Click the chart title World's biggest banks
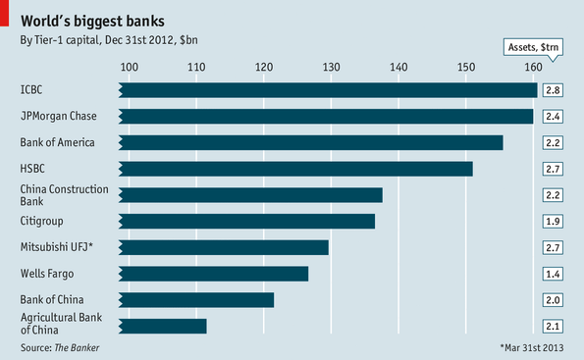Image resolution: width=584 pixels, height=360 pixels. click(92, 20)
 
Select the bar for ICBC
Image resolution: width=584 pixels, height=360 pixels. click(328, 90)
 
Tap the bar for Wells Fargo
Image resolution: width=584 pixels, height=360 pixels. click(215, 274)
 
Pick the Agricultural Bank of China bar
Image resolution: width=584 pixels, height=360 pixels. click(164, 326)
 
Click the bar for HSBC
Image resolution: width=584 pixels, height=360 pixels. click(295, 169)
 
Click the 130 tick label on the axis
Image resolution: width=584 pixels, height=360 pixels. click(331, 67)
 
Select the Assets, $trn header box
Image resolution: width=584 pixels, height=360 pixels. click(533, 47)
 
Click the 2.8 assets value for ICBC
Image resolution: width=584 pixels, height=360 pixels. click(553, 90)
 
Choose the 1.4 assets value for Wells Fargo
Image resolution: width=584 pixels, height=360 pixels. click(553, 274)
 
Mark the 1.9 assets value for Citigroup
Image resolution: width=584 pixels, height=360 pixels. click(553, 221)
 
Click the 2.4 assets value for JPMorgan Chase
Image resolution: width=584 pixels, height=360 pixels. click(553, 117)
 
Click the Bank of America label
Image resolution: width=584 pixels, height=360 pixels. click(57, 142)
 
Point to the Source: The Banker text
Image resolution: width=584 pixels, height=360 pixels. click(60, 347)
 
